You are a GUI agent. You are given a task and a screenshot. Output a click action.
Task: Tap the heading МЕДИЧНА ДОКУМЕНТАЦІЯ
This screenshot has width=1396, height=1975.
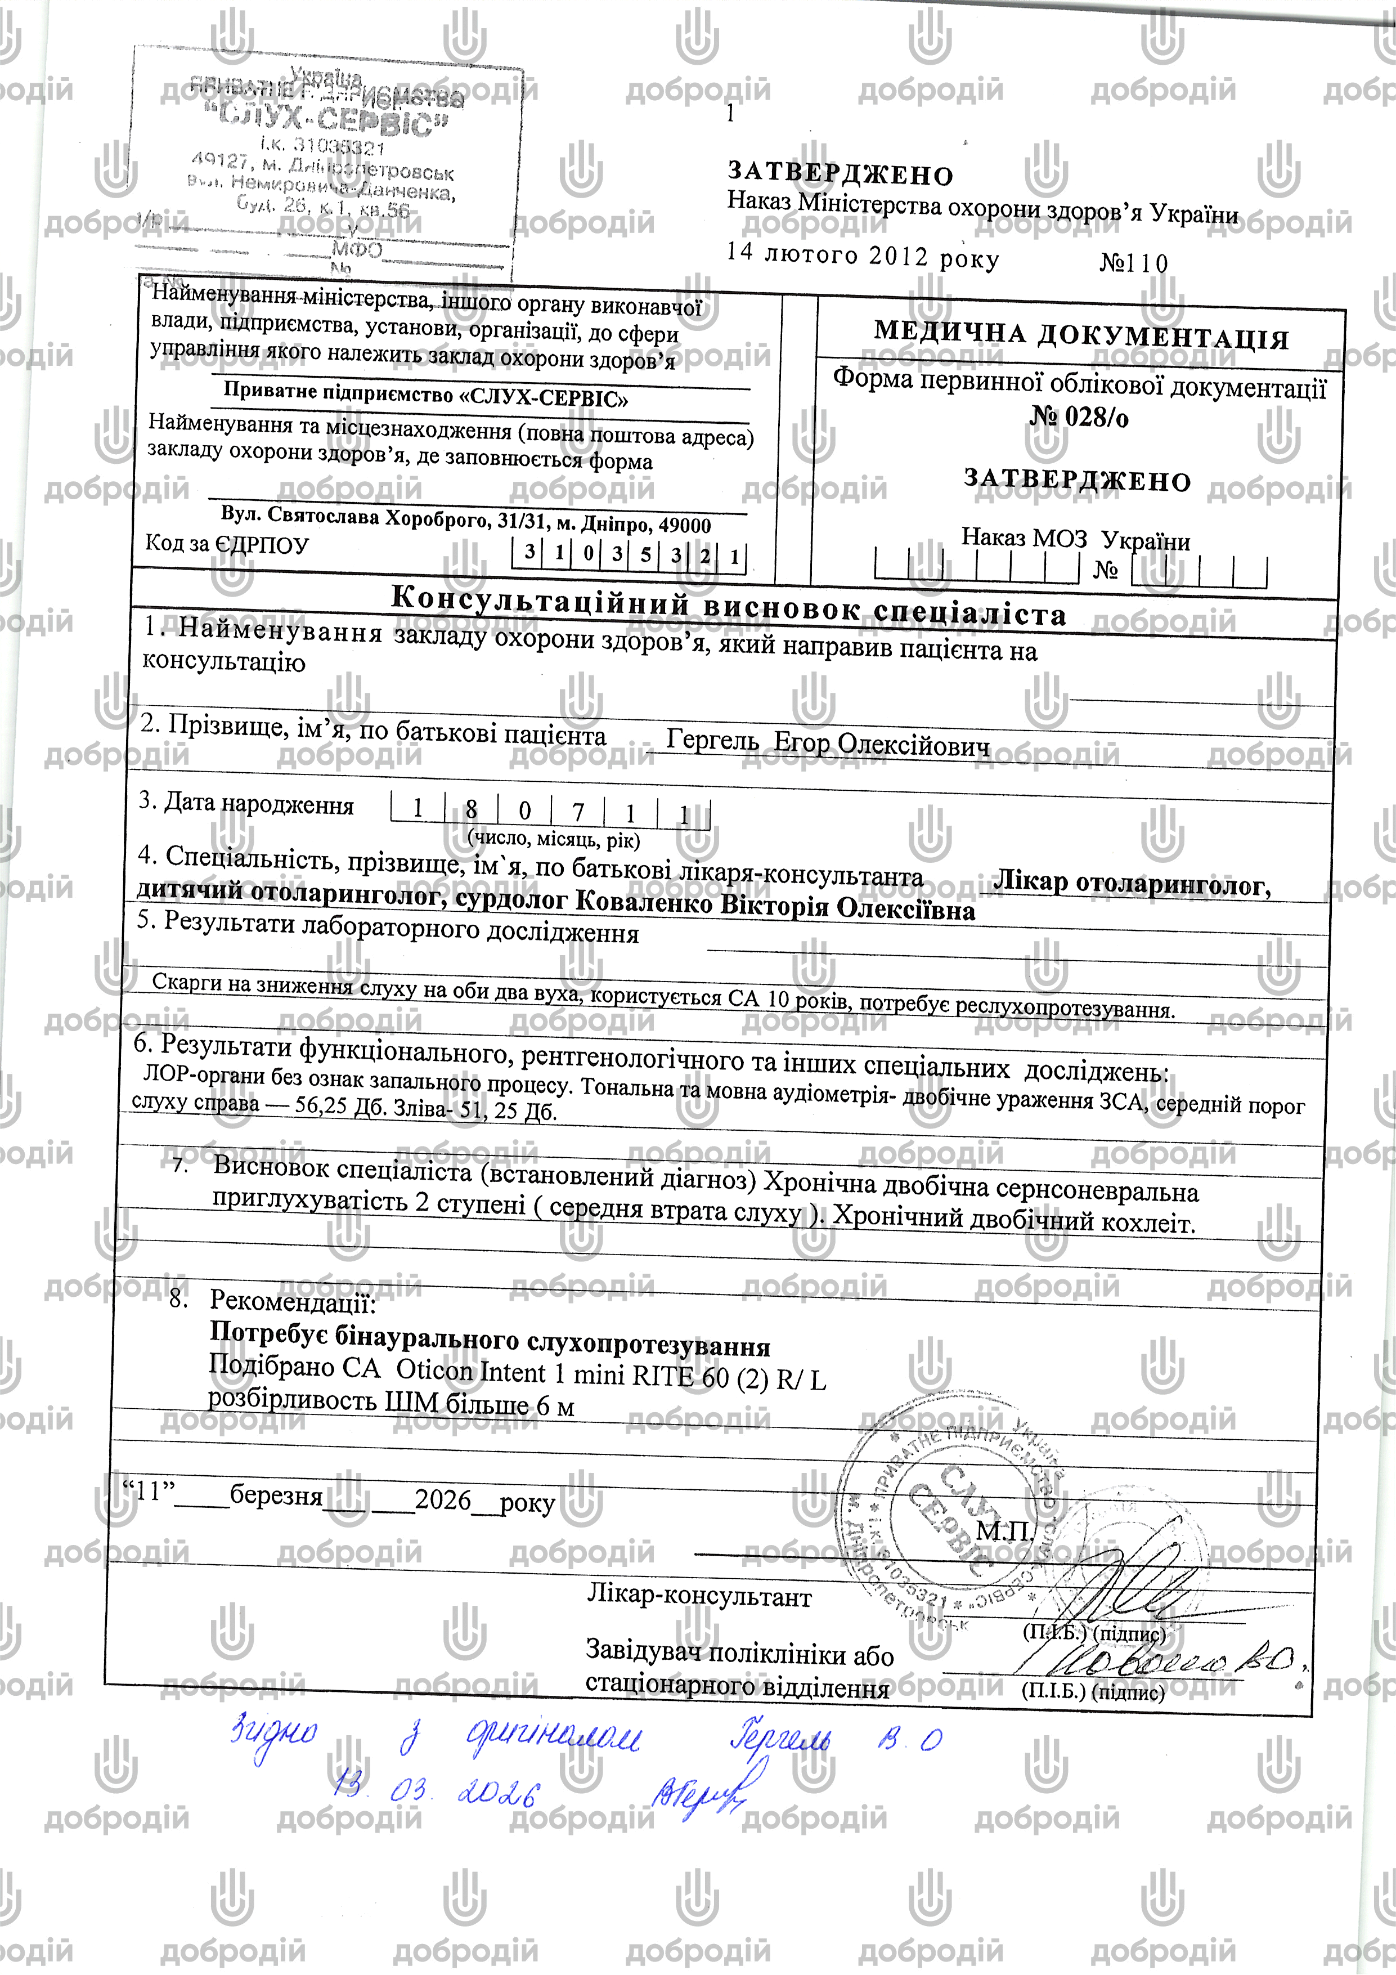[1081, 335]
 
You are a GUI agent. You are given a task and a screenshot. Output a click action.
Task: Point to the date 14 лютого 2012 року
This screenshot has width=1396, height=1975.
[863, 256]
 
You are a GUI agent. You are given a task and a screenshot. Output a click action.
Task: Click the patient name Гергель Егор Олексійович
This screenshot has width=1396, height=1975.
[828, 743]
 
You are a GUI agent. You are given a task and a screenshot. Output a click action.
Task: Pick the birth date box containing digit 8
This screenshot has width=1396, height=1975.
[472, 809]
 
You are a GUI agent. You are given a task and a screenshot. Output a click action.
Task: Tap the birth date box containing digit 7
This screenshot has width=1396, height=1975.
[578, 811]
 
